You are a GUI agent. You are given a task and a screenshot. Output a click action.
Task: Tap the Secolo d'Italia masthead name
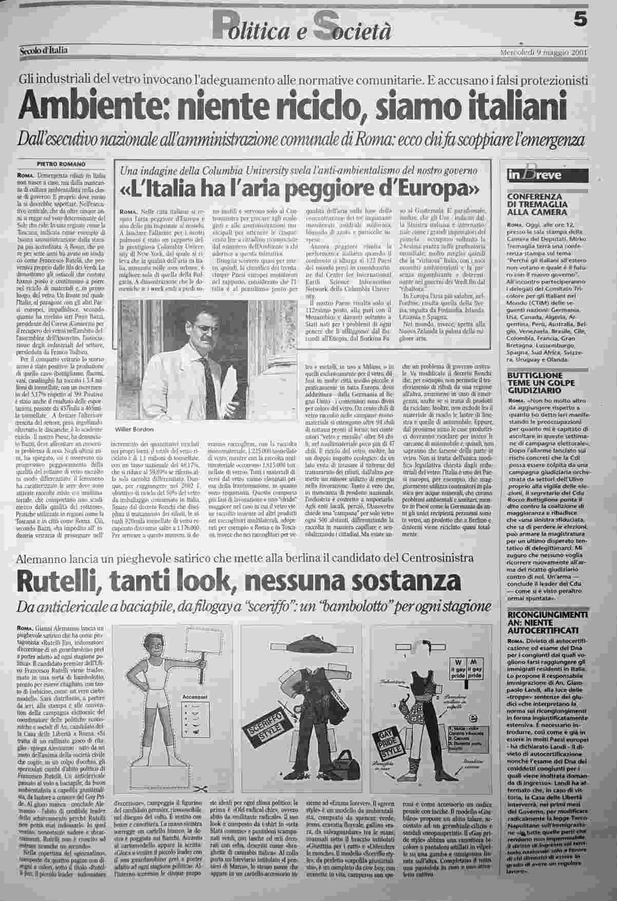point(44,50)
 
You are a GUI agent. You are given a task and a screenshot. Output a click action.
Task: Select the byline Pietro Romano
point(61,164)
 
